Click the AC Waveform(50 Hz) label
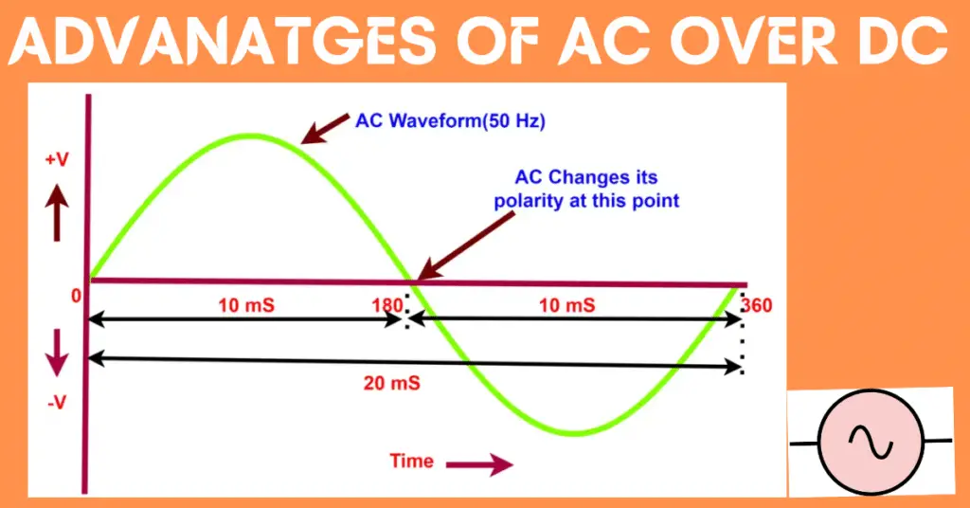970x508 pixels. pyautogui.click(x=450, y=121)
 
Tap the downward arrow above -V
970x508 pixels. pyautogui.click(x=58, y=352)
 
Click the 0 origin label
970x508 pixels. pyautogui.click(x=76, y=296)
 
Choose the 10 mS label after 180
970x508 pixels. pyautogui.click(x=566, y=305)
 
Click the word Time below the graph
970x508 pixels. pyautogui.click(x=412, y=462)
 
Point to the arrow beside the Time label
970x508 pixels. pyautogui.click(x=478, y=464)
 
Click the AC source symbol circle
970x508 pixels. pyautogui.click(x=870, y=443)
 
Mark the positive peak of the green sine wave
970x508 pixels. pyautogui.click(x=249, y=136)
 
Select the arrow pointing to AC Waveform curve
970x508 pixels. pyautogui.click(x=322, y=129)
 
